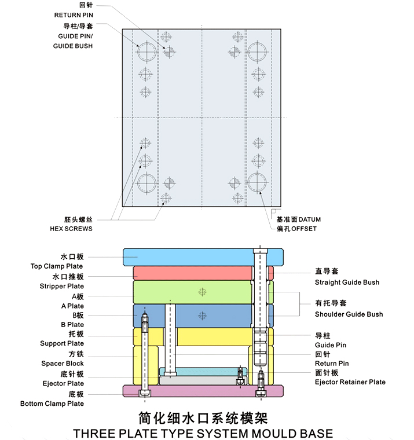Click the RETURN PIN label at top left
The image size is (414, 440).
74,15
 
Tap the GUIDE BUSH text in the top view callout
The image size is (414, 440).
73,46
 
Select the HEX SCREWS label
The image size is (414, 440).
71,229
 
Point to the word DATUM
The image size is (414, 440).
310,219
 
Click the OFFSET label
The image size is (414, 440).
304,229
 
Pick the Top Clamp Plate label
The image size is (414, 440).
57,266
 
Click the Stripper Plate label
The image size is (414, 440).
62,286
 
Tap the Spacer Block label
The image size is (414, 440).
63,364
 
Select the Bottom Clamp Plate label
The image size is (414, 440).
52,404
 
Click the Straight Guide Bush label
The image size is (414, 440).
347,283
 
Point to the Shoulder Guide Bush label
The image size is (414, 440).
349,314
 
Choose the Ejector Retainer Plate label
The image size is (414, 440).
350,382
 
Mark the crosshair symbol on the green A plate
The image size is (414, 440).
202,292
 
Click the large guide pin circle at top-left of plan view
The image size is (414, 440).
147,52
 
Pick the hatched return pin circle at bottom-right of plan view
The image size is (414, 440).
235,184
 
